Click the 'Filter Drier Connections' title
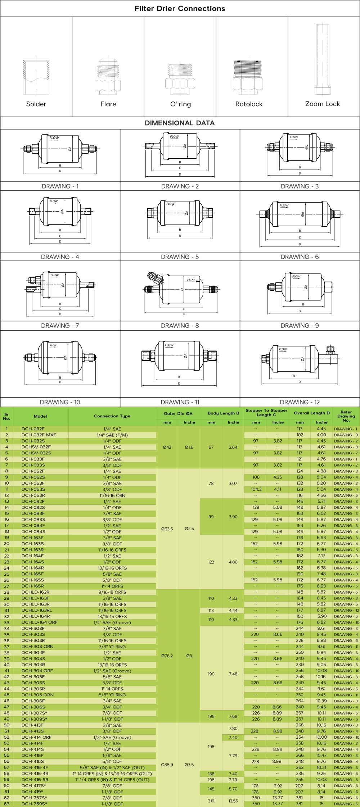180,9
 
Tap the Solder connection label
36,104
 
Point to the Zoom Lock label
323,104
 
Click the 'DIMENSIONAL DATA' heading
180,123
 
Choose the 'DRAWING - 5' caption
180,257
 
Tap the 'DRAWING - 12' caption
300,402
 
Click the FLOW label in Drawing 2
175,137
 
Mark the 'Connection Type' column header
112,416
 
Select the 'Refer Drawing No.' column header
346,416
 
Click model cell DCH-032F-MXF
39,435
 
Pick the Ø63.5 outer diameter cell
167,529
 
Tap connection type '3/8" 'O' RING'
112,647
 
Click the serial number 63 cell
6,804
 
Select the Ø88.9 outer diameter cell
167,765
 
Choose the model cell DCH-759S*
34,804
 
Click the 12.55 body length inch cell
233,801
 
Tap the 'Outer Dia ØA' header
178,413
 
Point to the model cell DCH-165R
33,586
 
